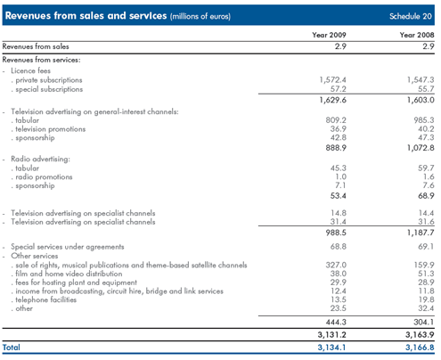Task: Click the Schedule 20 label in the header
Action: pyautogui.click(x=411, y=16)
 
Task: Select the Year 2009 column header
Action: pyautogui.click(x=329, y=35)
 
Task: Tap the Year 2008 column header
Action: pyautogui.click(x=417, y=35)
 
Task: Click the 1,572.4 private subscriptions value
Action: pyautogui.click(x=333, y=80)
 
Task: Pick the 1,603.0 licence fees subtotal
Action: pyautogui.click(x=421, y=100)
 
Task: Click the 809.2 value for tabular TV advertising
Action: pyautogui.click(x=336, y=120)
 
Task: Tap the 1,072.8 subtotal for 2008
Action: pyautogui.click(x=421, y=148)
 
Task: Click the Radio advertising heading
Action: pyautogui.click(x=40, y=159)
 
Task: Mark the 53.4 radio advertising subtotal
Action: pyautogui.click(x=339, y=196)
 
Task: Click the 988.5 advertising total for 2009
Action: pyautogui.click(x=336, y=233)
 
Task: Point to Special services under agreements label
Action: pyautogui.click(x=68, y=247)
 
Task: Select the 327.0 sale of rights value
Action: pyautogui.click(x=336, y=265)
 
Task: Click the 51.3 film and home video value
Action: pyautogui.click(x=426, y=274)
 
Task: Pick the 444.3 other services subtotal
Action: pyautogui.click(x=336, y=322)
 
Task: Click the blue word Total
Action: pyautogui.click(x=12, y=348)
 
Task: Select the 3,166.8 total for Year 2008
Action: pyautogui.click(x=420, y=348)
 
